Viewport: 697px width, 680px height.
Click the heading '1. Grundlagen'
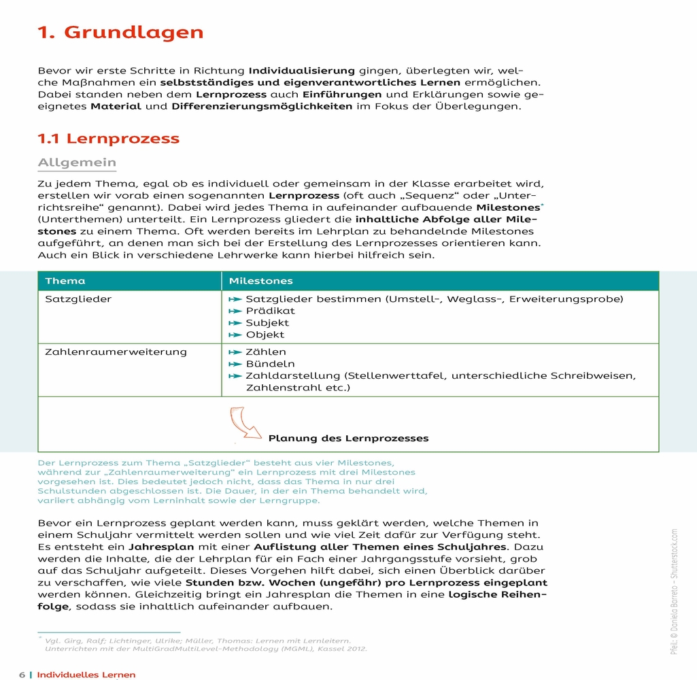click(120, 33)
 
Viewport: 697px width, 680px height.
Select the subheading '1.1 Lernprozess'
click(108, 139)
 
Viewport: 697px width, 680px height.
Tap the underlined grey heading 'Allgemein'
click(77, 163)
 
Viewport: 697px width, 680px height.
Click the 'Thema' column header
click(65, 281)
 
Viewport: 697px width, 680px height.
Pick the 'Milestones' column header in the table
click(261, 281)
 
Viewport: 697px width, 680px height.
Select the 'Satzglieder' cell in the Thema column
click(78, 299)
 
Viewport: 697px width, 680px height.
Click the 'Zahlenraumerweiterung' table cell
click(116, 352)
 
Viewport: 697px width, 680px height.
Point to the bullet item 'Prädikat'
click(270, 311)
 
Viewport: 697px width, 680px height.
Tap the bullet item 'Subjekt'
click(267, 323)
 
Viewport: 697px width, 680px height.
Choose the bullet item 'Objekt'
click(265, 335)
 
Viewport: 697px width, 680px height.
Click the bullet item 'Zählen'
click(265, 352)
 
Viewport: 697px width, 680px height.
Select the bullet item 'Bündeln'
click(270, 364)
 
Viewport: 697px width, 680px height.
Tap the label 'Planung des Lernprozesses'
click(348, 439)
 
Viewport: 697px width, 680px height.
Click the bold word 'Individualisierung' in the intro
click(301, 71)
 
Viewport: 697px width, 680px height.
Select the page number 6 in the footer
click(22, 675)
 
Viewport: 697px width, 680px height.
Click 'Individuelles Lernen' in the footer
click(86, 675)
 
